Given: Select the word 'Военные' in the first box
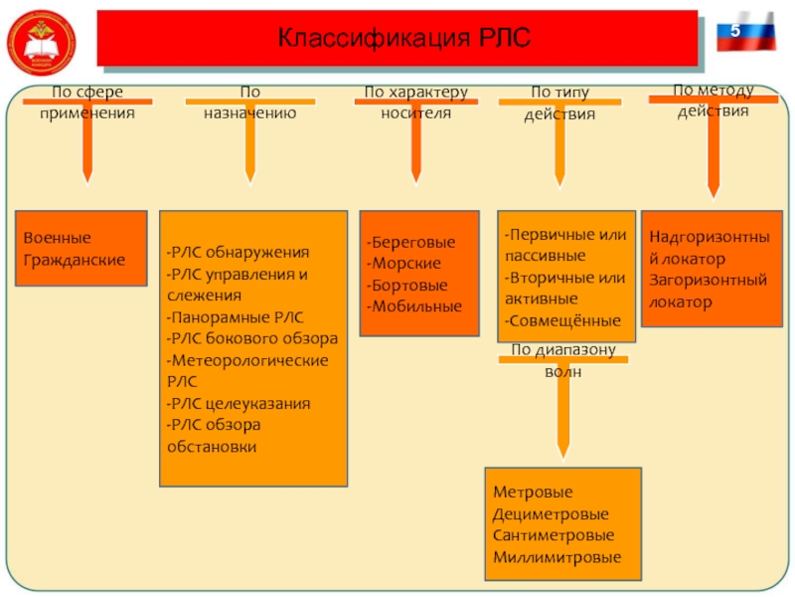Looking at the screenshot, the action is click(x=58, y=239).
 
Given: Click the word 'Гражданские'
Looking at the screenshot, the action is click(x=75, y=260).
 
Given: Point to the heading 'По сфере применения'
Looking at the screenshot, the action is click(x=87, y=102).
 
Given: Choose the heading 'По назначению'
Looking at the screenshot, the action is click(x=249, y=102).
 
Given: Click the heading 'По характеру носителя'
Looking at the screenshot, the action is click(x=415, y=102).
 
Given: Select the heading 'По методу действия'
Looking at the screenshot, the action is click(x=713, y=99).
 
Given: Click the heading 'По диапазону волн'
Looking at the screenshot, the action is click(x=563, y=361).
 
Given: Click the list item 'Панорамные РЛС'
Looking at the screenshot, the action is click(x=236, y=316).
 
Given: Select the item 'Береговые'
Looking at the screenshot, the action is click(x=411, y=242).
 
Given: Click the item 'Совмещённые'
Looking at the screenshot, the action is click(x=563, y=320).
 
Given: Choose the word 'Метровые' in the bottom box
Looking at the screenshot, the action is click(x=533, y=492).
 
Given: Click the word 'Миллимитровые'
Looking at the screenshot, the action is click(x=556, y=557).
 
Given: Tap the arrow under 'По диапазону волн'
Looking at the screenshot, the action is click(x=563, y=418).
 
